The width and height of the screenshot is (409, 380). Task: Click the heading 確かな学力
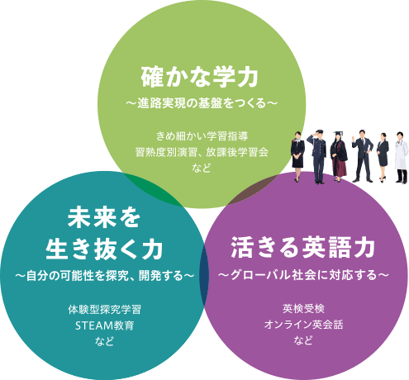(200, 77)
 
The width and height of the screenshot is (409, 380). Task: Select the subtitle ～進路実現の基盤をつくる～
(202, 103)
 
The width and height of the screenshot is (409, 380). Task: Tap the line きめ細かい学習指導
(202, 136)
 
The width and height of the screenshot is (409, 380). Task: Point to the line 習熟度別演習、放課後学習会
(202, 152)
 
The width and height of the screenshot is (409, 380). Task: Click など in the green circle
(202, 168)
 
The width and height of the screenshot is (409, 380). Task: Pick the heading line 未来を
(104, 217)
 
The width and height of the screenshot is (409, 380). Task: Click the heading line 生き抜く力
(104, 249)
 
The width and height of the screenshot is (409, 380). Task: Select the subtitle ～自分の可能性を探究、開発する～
(104, 276)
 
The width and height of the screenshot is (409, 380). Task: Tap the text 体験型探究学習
(104, 310)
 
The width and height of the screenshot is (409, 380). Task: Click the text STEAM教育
(104, 325)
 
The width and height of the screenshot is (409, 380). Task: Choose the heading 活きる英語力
(303, 247)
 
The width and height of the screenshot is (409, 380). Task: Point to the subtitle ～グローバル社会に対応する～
(303, 275)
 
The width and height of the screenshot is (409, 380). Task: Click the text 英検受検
(303, 309)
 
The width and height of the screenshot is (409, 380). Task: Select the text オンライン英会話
(303, 325)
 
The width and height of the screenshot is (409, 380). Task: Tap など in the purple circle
(303, 340)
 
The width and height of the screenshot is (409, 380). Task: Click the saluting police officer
(318, 156)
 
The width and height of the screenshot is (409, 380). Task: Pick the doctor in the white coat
(401, 158)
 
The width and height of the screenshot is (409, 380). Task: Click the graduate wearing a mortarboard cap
(339, 156)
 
